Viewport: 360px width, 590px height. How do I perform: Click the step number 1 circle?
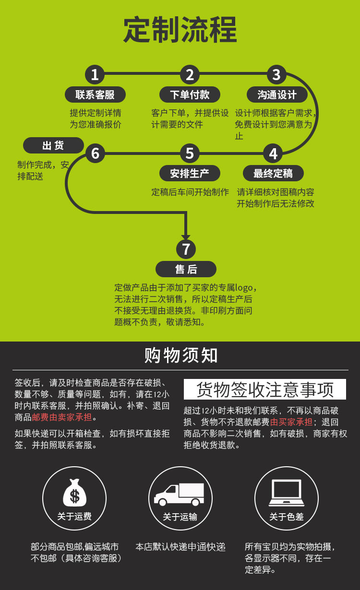(x=95, y=74)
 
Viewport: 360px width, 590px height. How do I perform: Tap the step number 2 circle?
(x=190, y=74)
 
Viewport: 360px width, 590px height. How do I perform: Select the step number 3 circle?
(x=276, y=74)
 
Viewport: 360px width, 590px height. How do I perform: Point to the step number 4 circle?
(x=273, y=153)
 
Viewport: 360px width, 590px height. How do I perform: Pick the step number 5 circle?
(x=190, y=153)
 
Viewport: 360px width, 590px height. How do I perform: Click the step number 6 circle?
(x=95, y=153)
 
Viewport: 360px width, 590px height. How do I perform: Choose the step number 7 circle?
(x=186, y=249)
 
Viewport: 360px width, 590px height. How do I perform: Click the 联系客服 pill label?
(x=95, y=94)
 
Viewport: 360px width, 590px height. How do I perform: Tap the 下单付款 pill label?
(x=190, y=94)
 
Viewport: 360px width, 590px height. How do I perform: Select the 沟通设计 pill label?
(x=277, y=94)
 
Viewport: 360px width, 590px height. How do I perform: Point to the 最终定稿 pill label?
(x=273, y=173)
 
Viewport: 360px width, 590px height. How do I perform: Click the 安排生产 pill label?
(x=190, y=173)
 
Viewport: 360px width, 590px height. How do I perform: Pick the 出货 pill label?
(x=53, y=145)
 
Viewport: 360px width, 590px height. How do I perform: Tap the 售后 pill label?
(x=186, y=269)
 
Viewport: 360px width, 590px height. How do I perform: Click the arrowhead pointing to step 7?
(x=186, y=236)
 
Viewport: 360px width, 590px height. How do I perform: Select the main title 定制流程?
(x=180, y=30)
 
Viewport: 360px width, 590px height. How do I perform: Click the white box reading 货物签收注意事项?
(x=265, y=389)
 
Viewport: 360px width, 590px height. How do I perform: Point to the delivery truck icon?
(x=179, y=495)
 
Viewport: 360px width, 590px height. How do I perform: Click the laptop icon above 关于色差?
(x=287, y=493)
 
